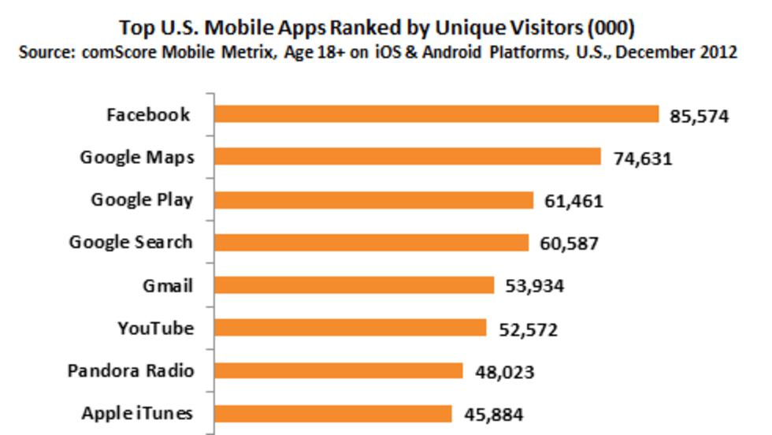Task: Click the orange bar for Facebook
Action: coord(436,114)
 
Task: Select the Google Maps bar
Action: coord(407,157)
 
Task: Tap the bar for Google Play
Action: coord(374,199)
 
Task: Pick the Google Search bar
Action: coord(371,242)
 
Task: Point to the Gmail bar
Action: coord(354,284)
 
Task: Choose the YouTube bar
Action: coord(351,328)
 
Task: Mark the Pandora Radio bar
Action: coord(338,370)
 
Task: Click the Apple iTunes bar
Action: coord(333,413)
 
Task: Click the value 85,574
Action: coord(700,117)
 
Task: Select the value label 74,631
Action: coord(642,159)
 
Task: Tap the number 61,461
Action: coord(573,202)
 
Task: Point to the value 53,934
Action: coord(534,287)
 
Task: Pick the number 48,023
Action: coord(505,372)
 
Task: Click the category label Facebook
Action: coord(148,115)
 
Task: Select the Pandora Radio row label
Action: coord(131,370)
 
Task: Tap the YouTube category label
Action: coord(155,328)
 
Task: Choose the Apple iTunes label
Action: coord(137,413)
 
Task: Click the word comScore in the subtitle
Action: coord(124,53)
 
